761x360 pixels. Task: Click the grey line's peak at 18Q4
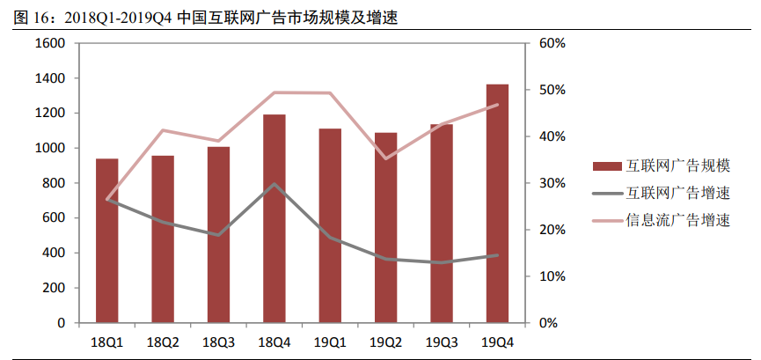(x=274, y=184)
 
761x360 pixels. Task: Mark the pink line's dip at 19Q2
(x=385, y=158)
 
